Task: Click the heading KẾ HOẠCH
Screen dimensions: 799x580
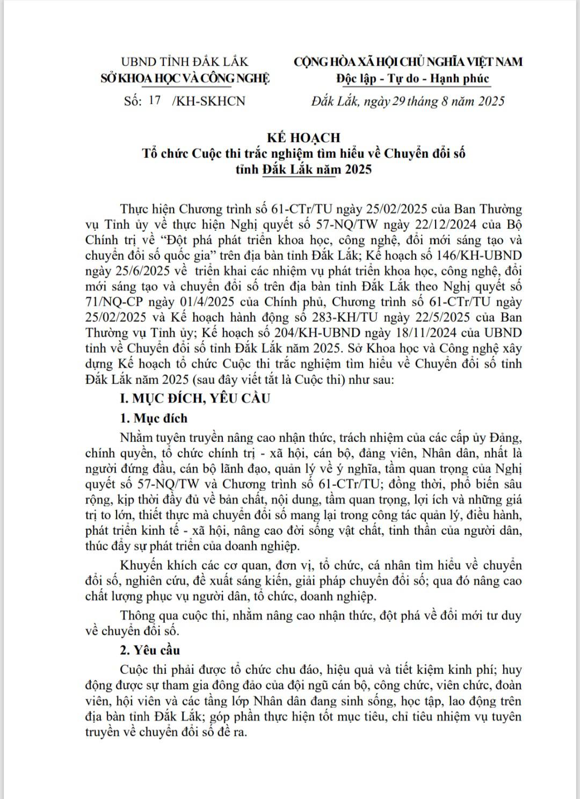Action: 304,138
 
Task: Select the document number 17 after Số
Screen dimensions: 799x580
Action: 155,101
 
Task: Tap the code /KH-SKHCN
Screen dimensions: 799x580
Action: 208,101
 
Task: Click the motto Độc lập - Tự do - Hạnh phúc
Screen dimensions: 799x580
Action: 412,78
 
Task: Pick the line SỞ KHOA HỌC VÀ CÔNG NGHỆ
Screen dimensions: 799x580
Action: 185,78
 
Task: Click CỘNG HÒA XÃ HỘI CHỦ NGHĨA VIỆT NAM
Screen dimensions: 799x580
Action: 408,62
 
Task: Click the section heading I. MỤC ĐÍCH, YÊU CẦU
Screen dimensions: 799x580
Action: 194,398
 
